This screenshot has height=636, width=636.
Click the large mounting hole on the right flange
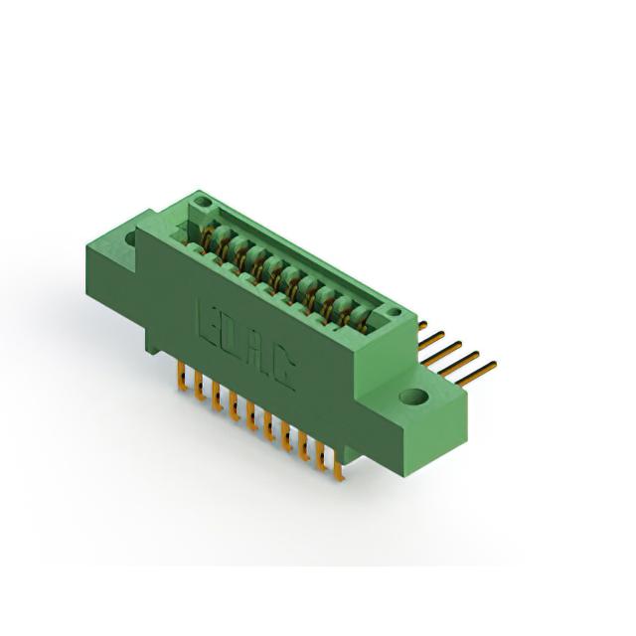(x=413, y=397)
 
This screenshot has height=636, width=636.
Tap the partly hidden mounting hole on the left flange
(x=131, y=238)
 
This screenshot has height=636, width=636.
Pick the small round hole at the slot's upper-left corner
(x=202, y=202)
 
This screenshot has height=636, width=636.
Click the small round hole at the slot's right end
(x=394, y=312)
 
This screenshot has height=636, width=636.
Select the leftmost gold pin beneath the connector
(x=182, y=377)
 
